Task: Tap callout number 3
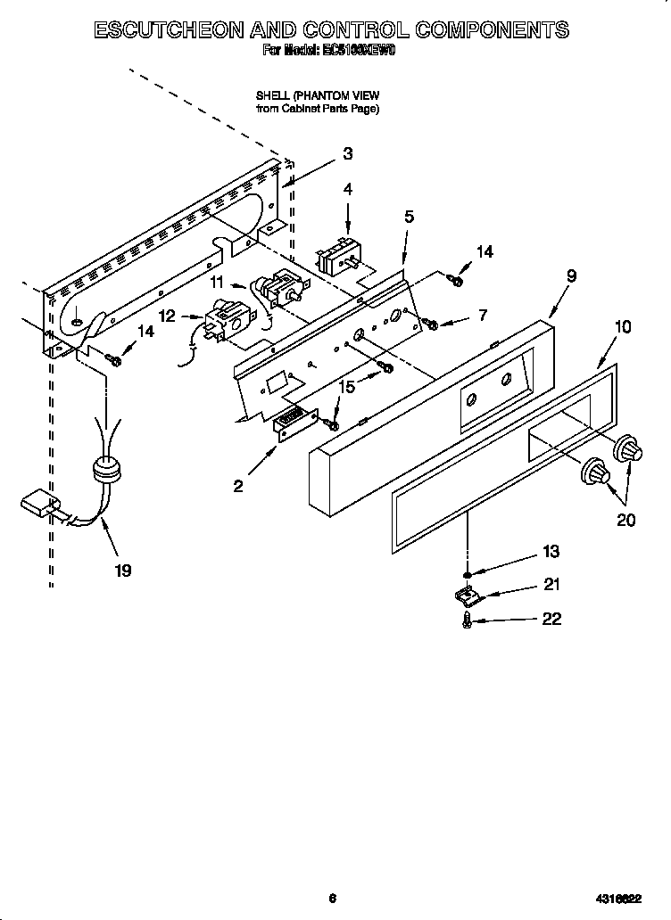[x=347, y=153]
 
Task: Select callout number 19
[x=122, y=571]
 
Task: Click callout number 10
[x=622, y=327]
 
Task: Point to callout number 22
[x=551, y=619]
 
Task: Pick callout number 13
[x=551, y=552]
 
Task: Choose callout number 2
[x=238, y=486]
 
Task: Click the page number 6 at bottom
[x=331, y=899]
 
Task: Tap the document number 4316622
[x=619, y=899]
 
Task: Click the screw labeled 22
[x=467, y=620]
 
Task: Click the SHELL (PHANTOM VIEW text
[x=318, y=94]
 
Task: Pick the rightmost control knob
[x=630, y=450]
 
